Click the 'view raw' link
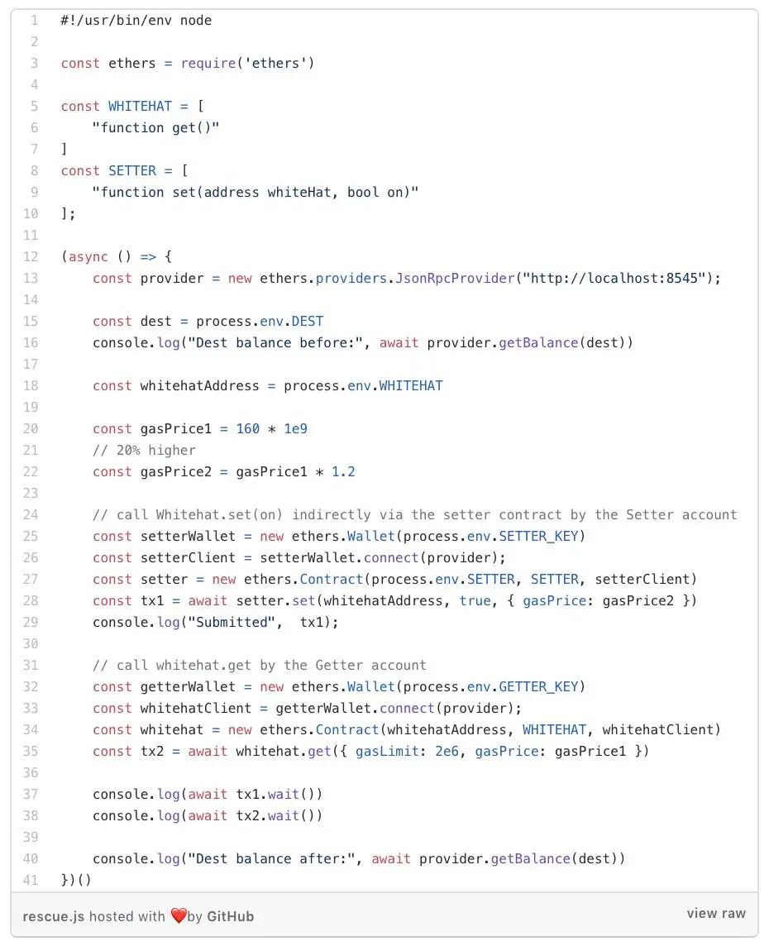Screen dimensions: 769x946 pos(716,914)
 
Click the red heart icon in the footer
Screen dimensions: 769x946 pos(179,916)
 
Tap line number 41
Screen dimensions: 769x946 pos(30,880)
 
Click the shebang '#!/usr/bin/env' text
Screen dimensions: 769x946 pos(116,21)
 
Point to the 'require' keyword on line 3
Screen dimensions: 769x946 pos(208,64)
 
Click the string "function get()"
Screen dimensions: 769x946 pos(155,128)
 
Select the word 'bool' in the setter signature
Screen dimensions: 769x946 pos(363,193)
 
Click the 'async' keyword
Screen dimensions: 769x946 pos(88,257)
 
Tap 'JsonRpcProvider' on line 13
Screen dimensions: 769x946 pos(456,278)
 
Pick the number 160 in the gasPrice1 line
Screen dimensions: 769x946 pos(248,429)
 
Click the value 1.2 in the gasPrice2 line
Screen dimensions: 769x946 pos(343,472)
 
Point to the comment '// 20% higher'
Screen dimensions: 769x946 pos(144,450)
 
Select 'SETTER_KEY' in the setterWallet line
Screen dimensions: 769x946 pos(538,537)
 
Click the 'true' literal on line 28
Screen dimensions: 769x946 pos(475,601)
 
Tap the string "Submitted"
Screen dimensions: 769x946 pos(232,622)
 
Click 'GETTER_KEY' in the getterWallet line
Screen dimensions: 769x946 pos(538,686)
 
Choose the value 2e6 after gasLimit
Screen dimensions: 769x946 pos(447,751)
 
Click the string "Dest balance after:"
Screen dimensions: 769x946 pos(271,858)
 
